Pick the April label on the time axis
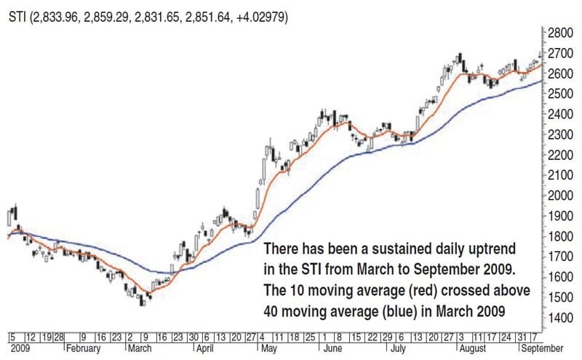[204, 348]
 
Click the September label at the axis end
[546, 348]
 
